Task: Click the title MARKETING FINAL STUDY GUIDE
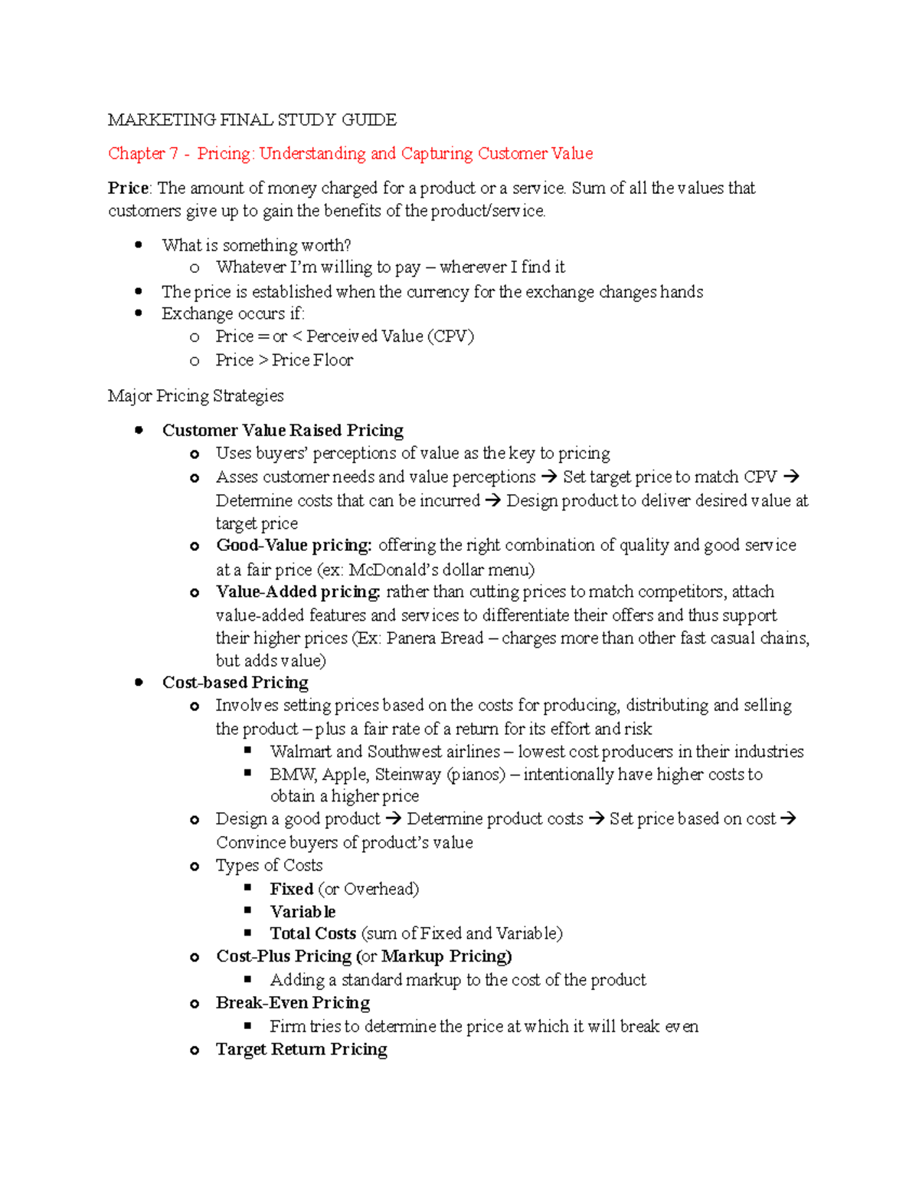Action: click(252, 120)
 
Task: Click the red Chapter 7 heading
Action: click(350, 153)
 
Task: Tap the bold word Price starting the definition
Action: click(128, 188)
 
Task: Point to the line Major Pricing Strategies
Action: click(195, 395)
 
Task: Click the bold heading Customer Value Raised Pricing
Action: click(283, 430)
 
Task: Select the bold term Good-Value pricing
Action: click(293, 545)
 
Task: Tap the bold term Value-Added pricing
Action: click(298, 592)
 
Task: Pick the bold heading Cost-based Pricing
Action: click(235, 682)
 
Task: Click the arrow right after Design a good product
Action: click(394, 818)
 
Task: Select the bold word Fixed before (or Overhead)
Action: click(291, 889)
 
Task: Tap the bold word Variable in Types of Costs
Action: click(303, 912)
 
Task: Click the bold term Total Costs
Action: click(312, 933)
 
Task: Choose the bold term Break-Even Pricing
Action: click(293, 1003)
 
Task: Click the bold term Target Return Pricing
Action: click(301, 1049)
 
